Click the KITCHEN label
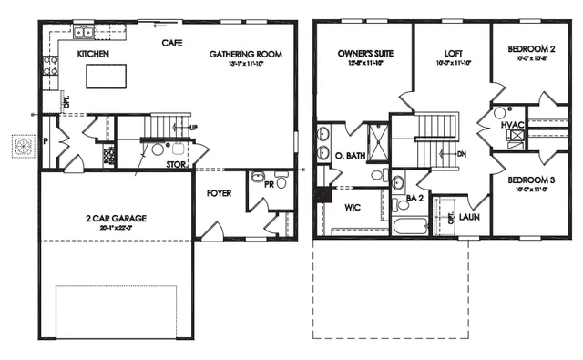coord(93,55)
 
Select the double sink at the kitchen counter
coord(86,33)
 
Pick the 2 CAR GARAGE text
coord(117,219)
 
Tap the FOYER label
coord(218,192)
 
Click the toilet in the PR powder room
coord(257,178)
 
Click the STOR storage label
coord(178,165)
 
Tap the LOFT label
coord(454,54)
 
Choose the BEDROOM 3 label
coord(532,180)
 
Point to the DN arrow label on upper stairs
coord(462,153)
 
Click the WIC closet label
coord(353,206)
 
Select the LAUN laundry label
coord(470,217)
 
